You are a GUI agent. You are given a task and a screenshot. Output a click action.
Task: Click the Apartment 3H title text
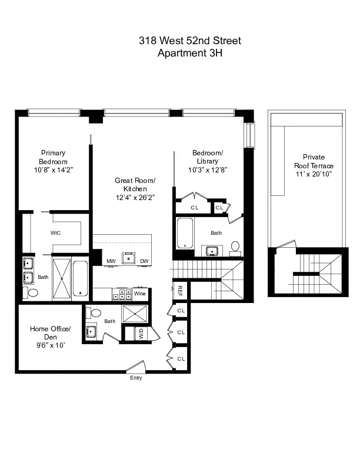190,52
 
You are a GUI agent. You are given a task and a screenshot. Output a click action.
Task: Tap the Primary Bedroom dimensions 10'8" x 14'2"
54,169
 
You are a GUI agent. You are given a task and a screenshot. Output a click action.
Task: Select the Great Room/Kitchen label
135,185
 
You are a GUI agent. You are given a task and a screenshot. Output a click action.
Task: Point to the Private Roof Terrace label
314,161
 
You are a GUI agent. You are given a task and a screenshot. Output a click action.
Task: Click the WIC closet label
56,233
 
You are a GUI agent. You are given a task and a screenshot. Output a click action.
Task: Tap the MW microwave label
111,261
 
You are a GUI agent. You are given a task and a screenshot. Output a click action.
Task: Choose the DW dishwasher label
144,261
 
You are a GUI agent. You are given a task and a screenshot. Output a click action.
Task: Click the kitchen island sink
128,257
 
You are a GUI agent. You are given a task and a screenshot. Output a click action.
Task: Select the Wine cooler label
139,293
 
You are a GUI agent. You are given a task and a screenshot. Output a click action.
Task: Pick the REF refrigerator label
180,290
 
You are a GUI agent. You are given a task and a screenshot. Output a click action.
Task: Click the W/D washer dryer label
141,334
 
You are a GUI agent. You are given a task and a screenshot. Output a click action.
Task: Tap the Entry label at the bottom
136,378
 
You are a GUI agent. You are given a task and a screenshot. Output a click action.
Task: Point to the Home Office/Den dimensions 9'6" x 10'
51,345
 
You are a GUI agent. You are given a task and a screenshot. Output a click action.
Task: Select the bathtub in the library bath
185,232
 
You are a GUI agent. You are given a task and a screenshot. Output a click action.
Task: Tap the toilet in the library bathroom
235,247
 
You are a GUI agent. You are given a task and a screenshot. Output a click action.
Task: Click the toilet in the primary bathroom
32,292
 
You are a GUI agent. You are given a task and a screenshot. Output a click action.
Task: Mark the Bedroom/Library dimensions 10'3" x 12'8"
208,169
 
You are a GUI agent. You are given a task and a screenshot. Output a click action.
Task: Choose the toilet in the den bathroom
95,313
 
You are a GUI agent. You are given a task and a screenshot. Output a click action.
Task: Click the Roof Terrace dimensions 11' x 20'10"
314,174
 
